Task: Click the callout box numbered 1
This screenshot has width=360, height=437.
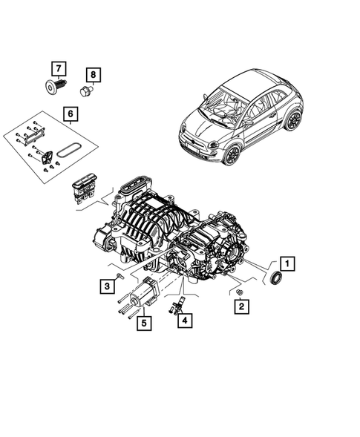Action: pyautogui.click(x=287, y=263)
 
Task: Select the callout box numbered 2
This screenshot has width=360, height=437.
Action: pyautogui.click(x=242, y=305)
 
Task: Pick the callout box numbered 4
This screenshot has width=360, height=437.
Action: pyautogui.click(x=183, y=321)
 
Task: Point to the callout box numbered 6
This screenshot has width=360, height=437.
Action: pyautogui.click(x=70, y=114)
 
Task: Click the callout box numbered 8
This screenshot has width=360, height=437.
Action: pyautogui.click(x=94, y=74)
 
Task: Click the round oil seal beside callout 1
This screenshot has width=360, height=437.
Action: pyautogui.click(x=275, y=278)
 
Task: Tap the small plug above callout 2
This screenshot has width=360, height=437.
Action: pyautogui.click(x=240, y=294)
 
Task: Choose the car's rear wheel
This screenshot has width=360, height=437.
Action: pyautogui.click(x=294, y=119)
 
